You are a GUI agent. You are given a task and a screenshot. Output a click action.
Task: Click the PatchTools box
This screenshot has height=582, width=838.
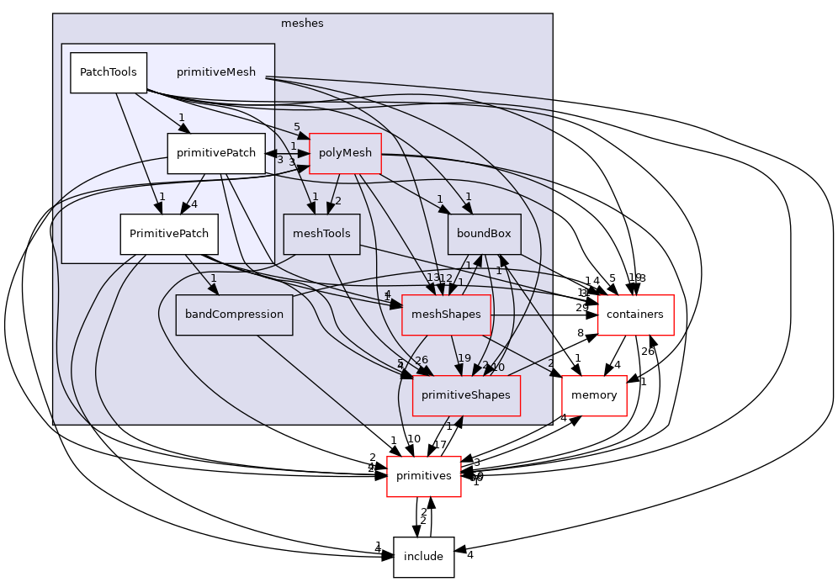point(108,72)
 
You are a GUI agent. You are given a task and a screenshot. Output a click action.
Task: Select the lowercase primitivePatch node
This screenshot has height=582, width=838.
point(216,153)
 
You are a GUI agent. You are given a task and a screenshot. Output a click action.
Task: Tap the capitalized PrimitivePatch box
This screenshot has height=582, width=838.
point(169,234)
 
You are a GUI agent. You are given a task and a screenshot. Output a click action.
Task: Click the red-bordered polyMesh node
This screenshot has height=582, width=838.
point(345,153)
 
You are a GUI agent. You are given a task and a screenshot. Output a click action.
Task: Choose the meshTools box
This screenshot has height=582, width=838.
point(321,234)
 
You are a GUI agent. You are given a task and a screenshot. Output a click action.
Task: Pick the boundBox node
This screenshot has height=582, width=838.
point(484,234)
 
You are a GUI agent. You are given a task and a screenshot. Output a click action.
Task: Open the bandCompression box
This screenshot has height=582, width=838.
point(234,315)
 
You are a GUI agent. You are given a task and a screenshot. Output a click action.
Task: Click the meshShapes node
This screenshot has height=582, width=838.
point(446,315)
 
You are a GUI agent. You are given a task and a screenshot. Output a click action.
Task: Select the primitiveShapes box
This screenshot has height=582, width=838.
point(466,395)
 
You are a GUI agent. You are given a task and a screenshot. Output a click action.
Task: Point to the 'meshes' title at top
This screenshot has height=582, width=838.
point(302,24)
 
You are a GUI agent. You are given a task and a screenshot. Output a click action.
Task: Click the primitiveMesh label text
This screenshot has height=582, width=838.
point(216,72)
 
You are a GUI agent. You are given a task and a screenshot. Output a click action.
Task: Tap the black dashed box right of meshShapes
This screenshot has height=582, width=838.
point(635,315)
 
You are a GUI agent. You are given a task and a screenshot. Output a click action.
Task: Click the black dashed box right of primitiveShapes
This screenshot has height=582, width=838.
point(594,396)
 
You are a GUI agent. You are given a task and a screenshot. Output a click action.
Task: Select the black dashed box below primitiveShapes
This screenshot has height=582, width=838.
point(424,477)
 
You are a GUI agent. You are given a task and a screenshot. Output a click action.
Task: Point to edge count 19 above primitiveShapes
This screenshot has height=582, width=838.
point(464,358)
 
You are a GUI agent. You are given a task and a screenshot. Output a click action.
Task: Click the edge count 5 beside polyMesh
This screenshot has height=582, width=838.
point(297,127)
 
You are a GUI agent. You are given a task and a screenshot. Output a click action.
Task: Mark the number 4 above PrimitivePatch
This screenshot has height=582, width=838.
point(194,204)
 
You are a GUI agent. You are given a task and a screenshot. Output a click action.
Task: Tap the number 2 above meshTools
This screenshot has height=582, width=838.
point(338,201)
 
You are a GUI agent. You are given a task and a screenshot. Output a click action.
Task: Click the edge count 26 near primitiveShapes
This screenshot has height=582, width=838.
point(422,361)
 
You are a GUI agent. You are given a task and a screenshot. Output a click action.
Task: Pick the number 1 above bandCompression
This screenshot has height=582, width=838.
point(214,278)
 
